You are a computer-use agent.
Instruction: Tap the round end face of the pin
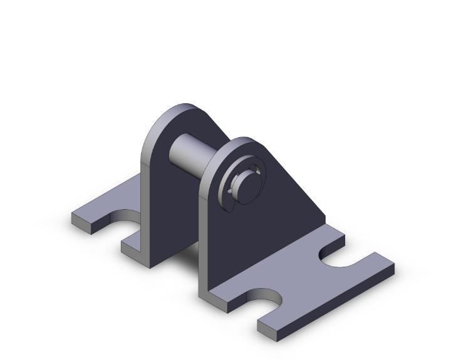(x=246, y=183)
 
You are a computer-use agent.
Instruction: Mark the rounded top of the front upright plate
(x=241, y=143)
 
